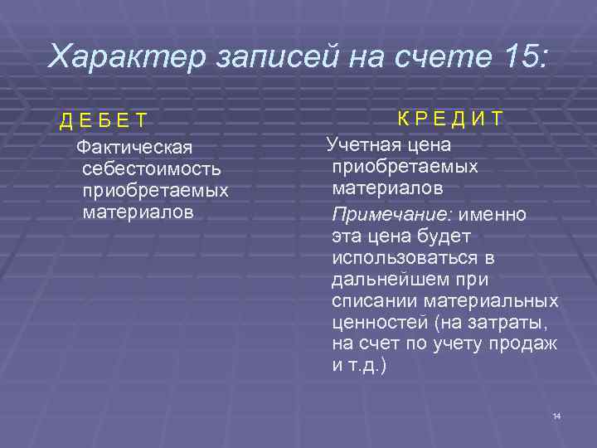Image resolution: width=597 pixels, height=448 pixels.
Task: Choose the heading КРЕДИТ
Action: click(x=449, y=118)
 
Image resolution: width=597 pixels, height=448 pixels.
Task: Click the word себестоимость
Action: click(x=152, y=169)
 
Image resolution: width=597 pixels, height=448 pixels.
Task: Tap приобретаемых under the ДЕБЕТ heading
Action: click(x=155, y=191)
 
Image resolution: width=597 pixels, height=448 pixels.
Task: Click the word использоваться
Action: click(x=400, y=258)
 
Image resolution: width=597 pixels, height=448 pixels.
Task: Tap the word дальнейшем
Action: click(x=386, y=280)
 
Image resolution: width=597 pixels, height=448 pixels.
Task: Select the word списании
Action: click(x=368, y=300)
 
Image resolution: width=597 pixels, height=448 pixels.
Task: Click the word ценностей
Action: click(x=374, y=322)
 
